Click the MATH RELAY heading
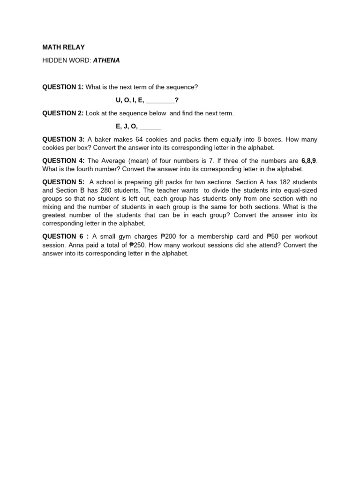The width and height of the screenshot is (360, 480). tap(63, 47)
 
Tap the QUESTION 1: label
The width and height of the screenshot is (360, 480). tap(63, 87)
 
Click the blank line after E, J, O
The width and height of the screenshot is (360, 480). tap(150, 127)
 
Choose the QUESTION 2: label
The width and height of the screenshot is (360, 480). tap(63, 113)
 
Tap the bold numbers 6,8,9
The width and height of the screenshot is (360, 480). tap(308, 161)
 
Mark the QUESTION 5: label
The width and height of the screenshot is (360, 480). tap(63, 182)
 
